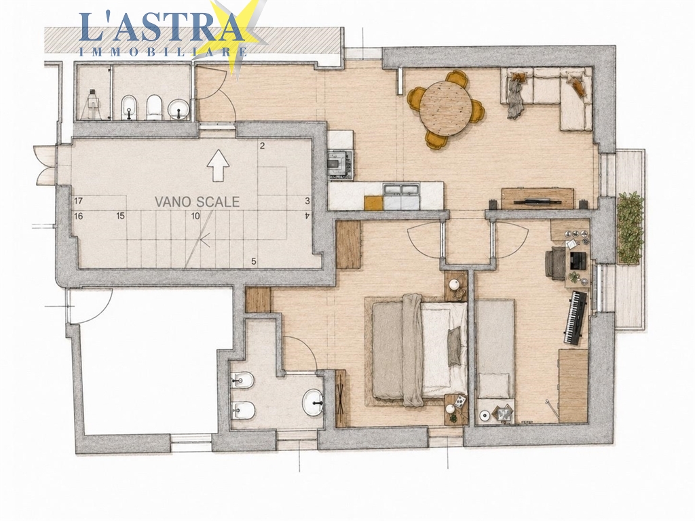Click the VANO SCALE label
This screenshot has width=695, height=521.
(197, 202)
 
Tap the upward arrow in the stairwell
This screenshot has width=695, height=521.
(218, 166)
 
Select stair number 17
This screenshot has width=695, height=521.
(79, 201)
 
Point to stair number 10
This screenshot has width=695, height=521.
(195, 216)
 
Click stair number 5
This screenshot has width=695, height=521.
(254, 261)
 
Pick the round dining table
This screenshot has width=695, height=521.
(445, 108)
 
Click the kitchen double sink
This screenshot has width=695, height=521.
(402, 190)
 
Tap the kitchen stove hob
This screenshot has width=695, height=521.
(341, 165)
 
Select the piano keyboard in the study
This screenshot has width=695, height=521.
(576, 317)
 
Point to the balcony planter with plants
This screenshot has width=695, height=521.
(631, 229)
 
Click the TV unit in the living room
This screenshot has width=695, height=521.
(538, 198)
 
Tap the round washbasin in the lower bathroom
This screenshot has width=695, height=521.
(312, 403)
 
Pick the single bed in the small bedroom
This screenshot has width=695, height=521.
(495, 348)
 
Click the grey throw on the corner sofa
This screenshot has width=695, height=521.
(515, 96)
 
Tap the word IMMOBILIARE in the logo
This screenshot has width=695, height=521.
(163, 52)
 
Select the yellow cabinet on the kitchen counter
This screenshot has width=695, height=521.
(374, 203)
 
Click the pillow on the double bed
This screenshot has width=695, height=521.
(454, 347)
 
